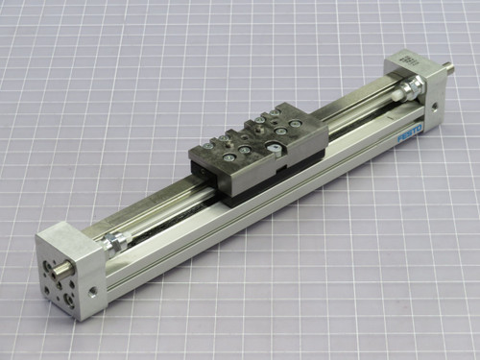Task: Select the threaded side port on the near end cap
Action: [94, 286]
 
